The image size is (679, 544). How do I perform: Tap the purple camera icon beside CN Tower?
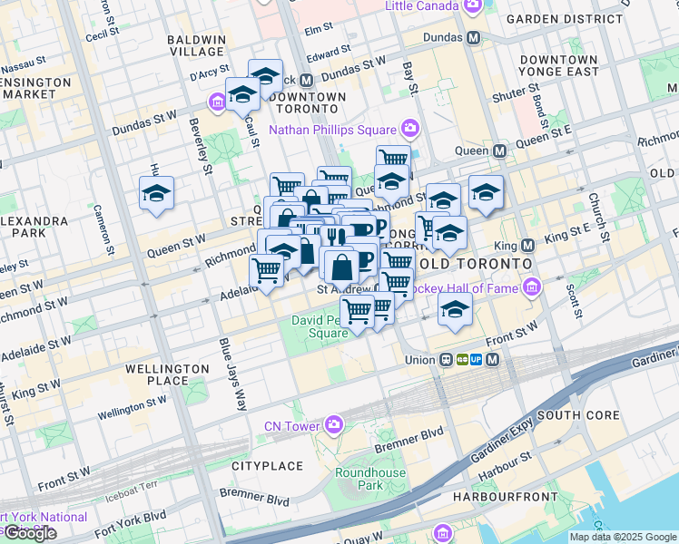(334, 424)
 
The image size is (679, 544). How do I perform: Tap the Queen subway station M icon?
(499, 150)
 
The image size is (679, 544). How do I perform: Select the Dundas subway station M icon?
(472, 39)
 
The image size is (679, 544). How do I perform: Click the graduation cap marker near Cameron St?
(156, 194)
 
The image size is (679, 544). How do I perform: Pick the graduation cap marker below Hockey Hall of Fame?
(455, 309)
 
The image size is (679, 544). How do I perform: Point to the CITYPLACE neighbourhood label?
(267, 466)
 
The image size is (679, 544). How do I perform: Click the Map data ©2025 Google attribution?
(623, 537)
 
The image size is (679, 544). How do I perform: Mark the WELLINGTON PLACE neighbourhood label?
(167, 375)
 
